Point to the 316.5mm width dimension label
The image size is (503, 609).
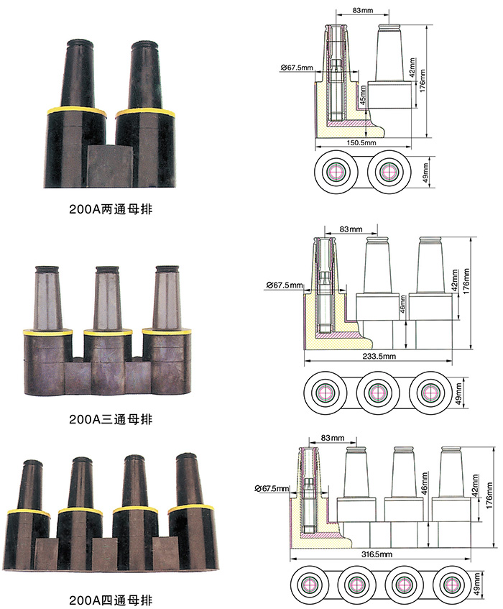[376, 554]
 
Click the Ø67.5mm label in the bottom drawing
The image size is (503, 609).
[272, 489]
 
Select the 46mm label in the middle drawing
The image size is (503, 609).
[402, 307]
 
